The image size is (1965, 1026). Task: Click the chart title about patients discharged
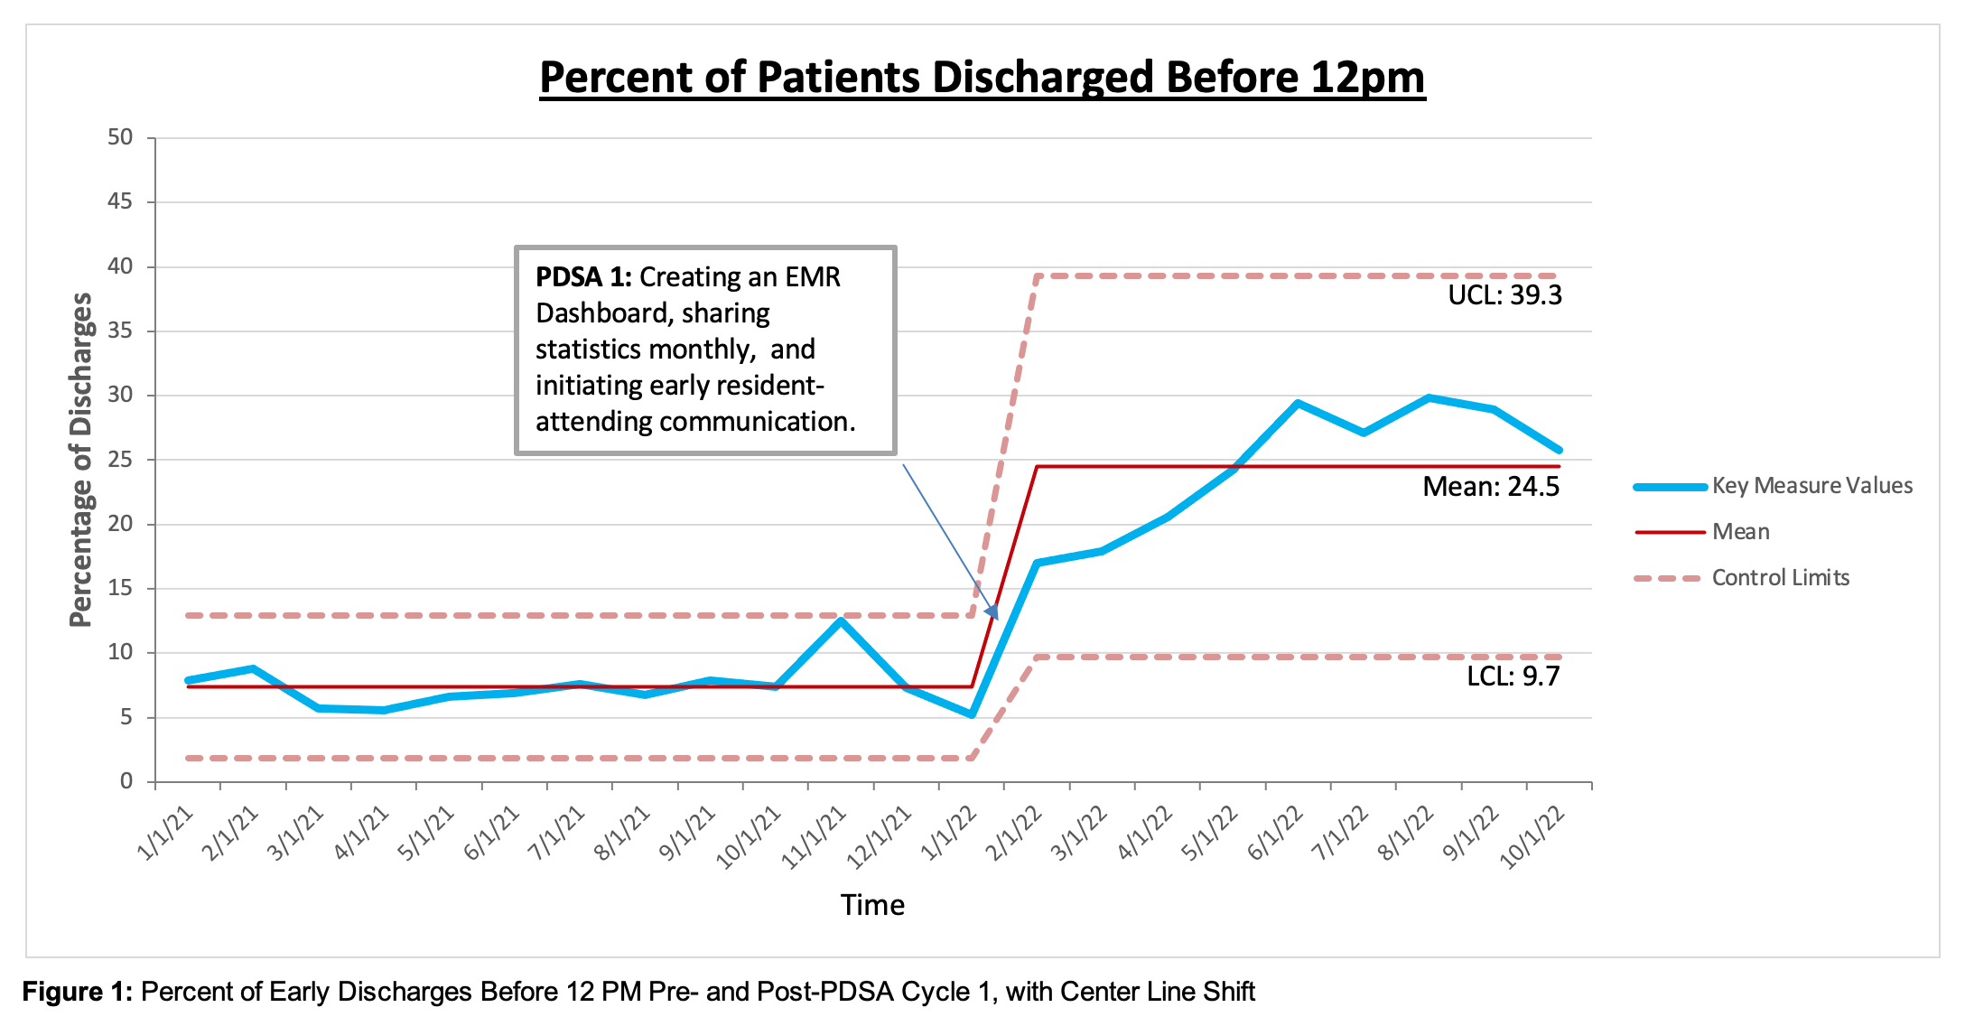pyautogui.click(x=982, y=78)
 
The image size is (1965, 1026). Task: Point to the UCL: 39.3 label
pyautogui.click(x=1504, y=295)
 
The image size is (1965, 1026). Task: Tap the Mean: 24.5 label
pyautogui.click(x=1491, y=487)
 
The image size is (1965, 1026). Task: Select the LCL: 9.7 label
pyautogui.click(x=1513, y=676)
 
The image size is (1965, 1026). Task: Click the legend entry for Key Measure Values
pyautogui.click(x=1811, y=486)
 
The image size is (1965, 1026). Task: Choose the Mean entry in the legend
pyautogui.click(x=1740, y=532)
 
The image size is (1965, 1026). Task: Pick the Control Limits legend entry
pyautogui.click(x=1780, y=578)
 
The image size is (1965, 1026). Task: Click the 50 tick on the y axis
pyautogui.click(x=120, y=137)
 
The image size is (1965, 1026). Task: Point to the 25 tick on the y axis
pyautogui.click(x=120, y=460)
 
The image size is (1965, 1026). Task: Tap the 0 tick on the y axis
pyautogui.click(x=126, y=781)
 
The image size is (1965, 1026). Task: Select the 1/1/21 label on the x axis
pyautogui.click(x=166, y=833)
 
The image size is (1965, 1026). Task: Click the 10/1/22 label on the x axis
pyautogui.click(x=1532, y=838)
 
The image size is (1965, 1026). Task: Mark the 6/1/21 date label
pyautogui.click(x=492, y=833)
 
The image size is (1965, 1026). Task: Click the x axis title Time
pyautogui.click(x=872, y=905)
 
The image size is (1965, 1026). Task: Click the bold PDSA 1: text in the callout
pyautogui.click(x=583, y=277)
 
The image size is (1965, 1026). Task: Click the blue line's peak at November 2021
pyautogui.click(x=841, y=620)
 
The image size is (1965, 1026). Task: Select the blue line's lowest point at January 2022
pyautogui.click(x=972, y=714)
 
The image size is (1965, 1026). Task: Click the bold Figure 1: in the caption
pyautogui.click(x=78, y=992)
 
